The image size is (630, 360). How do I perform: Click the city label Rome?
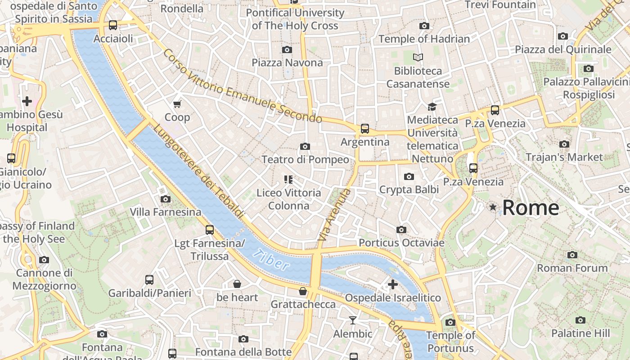[531, 208]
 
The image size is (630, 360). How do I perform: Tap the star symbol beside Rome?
[493, 207]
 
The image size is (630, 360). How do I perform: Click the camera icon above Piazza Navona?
[287, 49]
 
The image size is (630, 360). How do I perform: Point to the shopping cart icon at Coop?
[177, 104]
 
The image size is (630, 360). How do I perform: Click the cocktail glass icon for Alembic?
[353, 320]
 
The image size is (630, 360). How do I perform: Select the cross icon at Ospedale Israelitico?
[393, 284]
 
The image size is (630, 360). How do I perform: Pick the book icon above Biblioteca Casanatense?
[418, 58]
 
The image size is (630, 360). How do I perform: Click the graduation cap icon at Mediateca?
[432, 107]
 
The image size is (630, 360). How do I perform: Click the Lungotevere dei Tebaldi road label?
[198, 171]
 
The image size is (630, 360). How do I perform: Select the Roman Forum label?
[572, 268]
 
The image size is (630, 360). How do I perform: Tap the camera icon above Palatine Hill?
[580, 320]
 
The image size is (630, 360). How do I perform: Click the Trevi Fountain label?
[500, 5]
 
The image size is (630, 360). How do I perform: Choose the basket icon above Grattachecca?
[303, 292]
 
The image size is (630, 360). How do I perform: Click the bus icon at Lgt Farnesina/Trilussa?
[210, 230]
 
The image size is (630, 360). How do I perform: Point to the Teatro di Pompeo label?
[305, 160]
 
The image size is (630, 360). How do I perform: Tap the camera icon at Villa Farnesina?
[166, 199]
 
